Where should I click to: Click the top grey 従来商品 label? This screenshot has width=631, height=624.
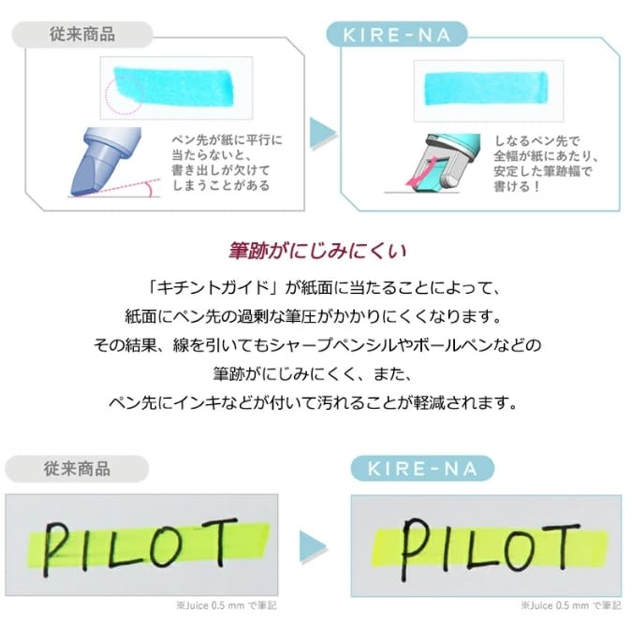point(81,34)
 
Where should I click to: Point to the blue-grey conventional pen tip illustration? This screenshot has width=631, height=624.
point(103,159)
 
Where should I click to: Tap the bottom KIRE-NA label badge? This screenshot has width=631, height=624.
point(422,469)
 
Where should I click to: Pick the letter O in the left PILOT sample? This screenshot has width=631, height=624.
point(187,542)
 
